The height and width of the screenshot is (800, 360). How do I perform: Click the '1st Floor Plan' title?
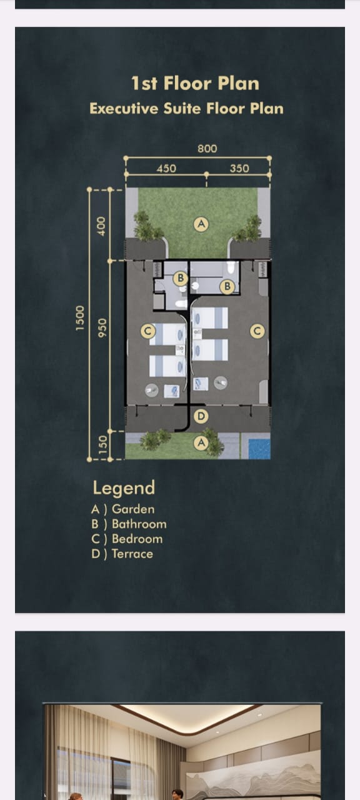click(x=195, y=83)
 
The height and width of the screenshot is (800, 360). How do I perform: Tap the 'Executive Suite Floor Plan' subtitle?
click(x=186, y=108)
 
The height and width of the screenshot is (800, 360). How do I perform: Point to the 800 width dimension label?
click(x=207, y=149)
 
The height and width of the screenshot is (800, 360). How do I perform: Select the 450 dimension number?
click(x=166, y=168)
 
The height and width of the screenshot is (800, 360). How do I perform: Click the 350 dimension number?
click(x=239, y=168)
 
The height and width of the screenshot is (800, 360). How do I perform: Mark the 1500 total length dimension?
click(x=80, y=318)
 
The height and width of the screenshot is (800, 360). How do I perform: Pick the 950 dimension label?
click(x=102, y=328)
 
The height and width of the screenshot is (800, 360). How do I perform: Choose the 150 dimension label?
click(x=103, y=444)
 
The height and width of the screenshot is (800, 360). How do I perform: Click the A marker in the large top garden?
click(x=201, y=224)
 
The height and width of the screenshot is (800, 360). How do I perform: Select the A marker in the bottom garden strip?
click(x=201, y=443)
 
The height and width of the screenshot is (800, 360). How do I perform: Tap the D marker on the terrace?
click(x=201, y=416)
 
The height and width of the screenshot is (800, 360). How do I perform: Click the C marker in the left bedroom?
click(x=148, y=331)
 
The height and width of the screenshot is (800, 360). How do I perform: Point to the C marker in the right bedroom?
click(x=257, y=331)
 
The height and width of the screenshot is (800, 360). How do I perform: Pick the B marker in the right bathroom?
click(x=227, y=286)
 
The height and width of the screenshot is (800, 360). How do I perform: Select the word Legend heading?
click(x=124, y=488)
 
